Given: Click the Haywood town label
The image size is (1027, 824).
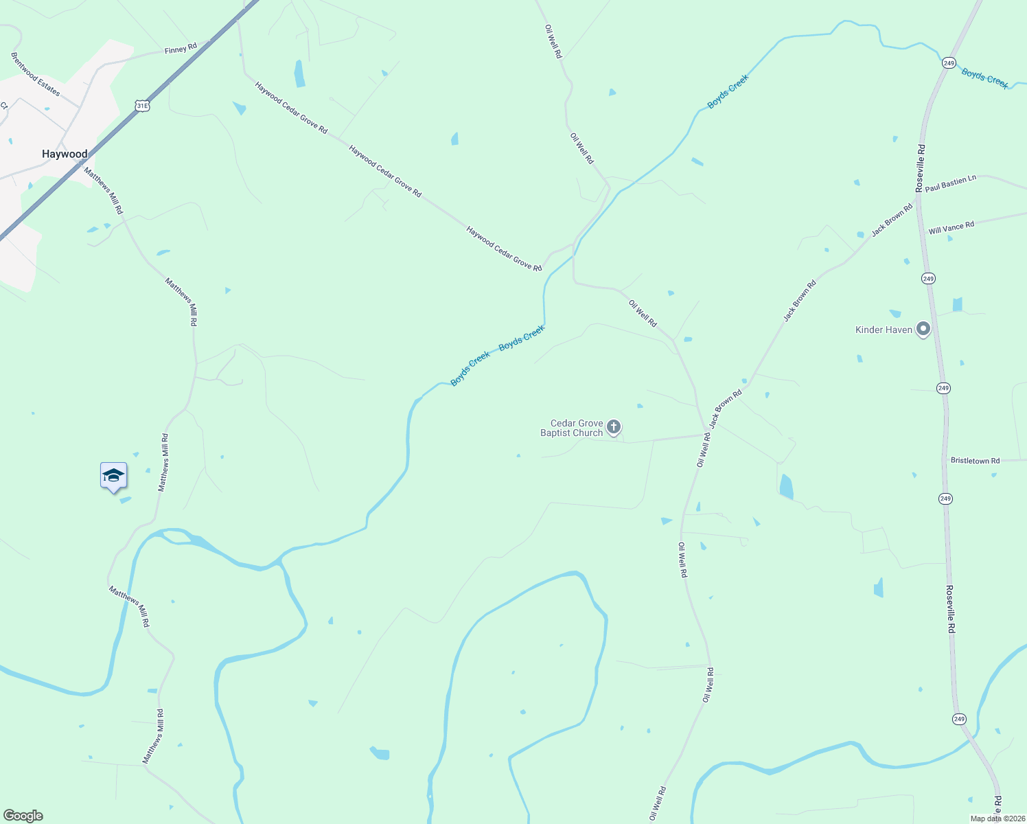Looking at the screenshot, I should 65,154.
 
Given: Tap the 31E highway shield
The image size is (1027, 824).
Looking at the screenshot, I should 142,106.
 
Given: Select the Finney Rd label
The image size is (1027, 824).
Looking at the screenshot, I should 181,49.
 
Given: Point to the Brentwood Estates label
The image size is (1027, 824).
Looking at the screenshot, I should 36,74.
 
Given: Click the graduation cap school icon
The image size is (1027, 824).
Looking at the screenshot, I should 113,476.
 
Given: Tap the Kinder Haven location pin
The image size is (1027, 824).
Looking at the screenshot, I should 923,330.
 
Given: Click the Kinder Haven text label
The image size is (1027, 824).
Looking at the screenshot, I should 884,330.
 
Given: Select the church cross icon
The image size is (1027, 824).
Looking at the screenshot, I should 614,427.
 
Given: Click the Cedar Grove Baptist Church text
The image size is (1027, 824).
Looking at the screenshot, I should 572,428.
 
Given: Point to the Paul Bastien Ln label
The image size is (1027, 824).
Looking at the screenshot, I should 950,183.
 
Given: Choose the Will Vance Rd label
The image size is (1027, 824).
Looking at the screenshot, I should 951,228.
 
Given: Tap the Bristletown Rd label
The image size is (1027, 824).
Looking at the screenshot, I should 975,461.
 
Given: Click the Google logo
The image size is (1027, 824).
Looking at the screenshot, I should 23,816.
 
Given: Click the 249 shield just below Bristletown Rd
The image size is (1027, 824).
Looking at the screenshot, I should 945,499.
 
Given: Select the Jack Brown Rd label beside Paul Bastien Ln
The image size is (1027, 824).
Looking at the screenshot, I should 892,220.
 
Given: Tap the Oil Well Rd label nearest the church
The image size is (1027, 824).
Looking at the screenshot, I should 704,450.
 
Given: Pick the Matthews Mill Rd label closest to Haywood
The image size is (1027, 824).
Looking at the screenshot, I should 104,190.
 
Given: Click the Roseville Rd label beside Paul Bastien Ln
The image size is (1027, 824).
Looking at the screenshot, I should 921,168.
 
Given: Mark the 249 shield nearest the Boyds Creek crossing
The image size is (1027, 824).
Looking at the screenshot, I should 949,63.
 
